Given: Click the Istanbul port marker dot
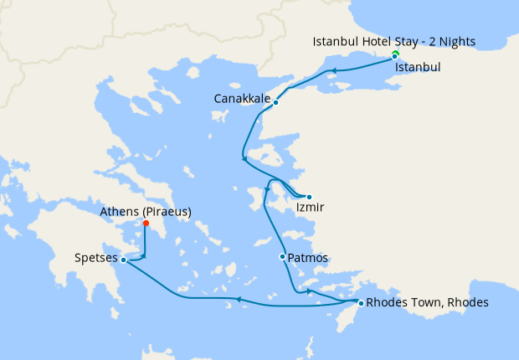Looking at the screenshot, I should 395,57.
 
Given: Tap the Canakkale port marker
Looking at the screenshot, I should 275,103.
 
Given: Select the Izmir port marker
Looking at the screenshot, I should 309,197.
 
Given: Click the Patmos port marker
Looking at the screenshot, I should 283,256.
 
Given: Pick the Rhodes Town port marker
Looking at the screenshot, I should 361,302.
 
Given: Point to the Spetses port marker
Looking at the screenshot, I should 124,260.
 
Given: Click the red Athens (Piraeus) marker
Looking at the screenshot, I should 146,224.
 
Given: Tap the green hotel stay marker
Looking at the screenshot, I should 395,54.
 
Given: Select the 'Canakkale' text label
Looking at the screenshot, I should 242,99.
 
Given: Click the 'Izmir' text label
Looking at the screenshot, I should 310,208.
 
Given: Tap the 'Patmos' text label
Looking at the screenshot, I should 308,258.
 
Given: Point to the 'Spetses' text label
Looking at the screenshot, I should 95,260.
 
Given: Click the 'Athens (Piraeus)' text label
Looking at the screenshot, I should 145,212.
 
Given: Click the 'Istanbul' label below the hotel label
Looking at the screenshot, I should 418,65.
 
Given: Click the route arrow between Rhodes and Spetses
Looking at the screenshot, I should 239,299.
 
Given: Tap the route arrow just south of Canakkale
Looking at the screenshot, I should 244,157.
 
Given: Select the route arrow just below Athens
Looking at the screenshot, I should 144,255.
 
